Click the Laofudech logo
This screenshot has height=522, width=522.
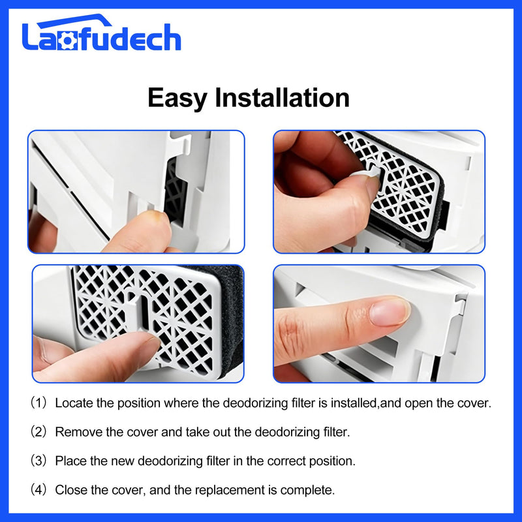coord(102,33)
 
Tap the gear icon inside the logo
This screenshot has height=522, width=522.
coord(67,40)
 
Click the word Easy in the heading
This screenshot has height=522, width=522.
coord(177,98)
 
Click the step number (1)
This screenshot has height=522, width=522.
coord(38,403)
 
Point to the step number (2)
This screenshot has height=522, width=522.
coord(38,432)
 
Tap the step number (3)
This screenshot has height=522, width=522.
coord(38,461)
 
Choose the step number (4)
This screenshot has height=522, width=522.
coord(38,490)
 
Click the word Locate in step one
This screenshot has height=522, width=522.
coord(74,403)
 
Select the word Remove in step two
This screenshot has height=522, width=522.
coord(78,432)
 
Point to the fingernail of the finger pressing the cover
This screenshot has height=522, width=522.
coord(389,311)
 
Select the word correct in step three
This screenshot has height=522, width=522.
coord(286,461)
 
